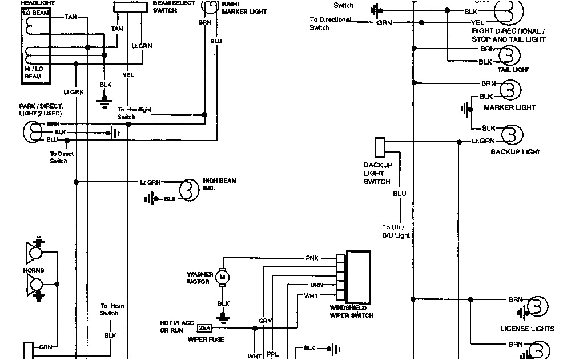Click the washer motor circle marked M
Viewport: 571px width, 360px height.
coord(223,278)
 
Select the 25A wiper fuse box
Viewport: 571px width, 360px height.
coord(204,328)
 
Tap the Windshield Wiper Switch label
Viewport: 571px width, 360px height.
coord(351,311)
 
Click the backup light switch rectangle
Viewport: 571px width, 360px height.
coord(380,147)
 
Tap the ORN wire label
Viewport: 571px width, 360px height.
coord(317,285)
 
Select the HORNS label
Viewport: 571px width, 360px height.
coord(34,270)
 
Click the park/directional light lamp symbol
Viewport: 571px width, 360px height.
coord(33,132)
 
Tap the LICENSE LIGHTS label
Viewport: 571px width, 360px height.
coord(527,329)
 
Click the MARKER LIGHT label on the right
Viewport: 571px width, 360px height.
coord(509,107)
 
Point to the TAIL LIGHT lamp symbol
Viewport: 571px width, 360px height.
coord(509,55)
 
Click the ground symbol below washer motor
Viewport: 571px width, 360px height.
coord(223,316)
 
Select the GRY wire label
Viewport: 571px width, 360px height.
coord(265,321)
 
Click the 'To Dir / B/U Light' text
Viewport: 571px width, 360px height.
coord(396,231)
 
